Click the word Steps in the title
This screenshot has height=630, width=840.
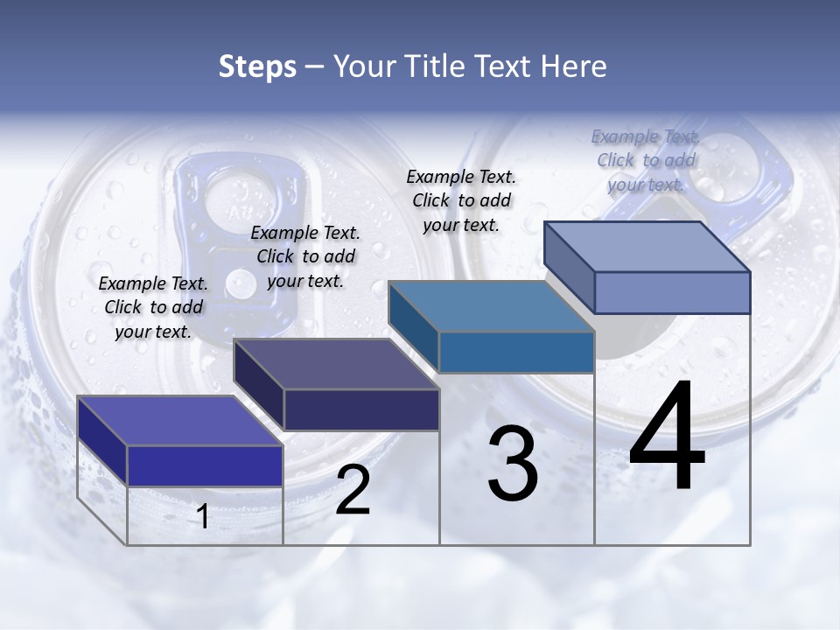pyautogui.click(x=257, y=66)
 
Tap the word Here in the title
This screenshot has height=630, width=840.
pyautogui.click(x=573, y=66)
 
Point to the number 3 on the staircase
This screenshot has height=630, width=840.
pyautogui.click(x=513, y=464)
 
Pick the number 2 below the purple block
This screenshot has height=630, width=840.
pyautogui.click(x=353, y=490)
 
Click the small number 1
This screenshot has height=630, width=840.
pyautogui.click(x=203, y=517)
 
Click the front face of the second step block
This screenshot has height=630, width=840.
pyautogui.click(x=361, y=409)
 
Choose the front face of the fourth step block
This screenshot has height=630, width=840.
pyautogui.click(x=672, y=292)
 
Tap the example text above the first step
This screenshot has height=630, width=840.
pyautogui.click(x=153, y=307)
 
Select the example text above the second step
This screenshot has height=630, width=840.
pyautogui.click(x=305, y=256)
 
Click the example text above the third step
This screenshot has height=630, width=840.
pyautogui.click(x=461, y=200)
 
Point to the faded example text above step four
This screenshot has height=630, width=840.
pyautogui.click(x=646, y=160)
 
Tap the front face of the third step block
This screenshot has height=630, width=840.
pyautogui.click(x=516, y=352)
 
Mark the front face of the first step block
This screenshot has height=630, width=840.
pyautogui.click(x=205, y=465)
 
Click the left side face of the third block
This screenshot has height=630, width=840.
pyautogui.click(x=413, y=326)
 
